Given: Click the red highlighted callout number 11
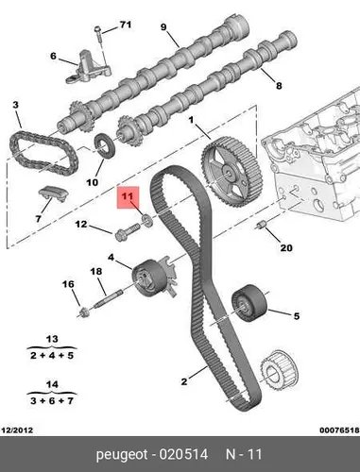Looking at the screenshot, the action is click(x=128, y=196).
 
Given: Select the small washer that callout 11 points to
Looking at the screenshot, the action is click(x=147, y=220).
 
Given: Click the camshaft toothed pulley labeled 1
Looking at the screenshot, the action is click(x=231, y=172).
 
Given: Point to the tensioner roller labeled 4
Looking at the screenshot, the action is click(x=153, y=278).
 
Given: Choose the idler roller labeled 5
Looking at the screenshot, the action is click(x=249, y=303).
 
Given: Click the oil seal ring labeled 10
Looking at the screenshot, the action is click(x=105, y=146).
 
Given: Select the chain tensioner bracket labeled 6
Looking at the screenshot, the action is click(x=89, y=66).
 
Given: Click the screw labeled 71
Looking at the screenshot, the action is click(x=98, y=36).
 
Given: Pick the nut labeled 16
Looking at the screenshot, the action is click(x=84, y=312).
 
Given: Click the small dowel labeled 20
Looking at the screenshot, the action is click(x=261, y=226).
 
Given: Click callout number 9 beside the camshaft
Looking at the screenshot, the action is click(x=163, y=27).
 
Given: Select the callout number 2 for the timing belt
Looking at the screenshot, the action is click(x=184, y=381).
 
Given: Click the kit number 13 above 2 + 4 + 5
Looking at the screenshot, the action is click(x=52, y=339).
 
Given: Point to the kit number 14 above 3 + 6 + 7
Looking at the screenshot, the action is click(x=52, y=384).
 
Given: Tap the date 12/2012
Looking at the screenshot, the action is click(x=18, y=430).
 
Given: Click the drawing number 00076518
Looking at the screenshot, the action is click(x=339, y=430).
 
